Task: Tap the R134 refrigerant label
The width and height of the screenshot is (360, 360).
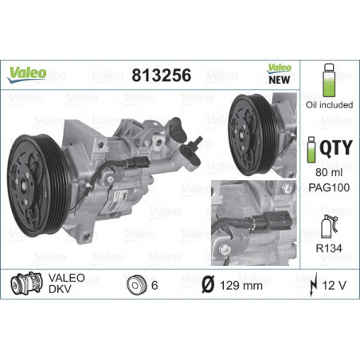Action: tap(327, 248)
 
